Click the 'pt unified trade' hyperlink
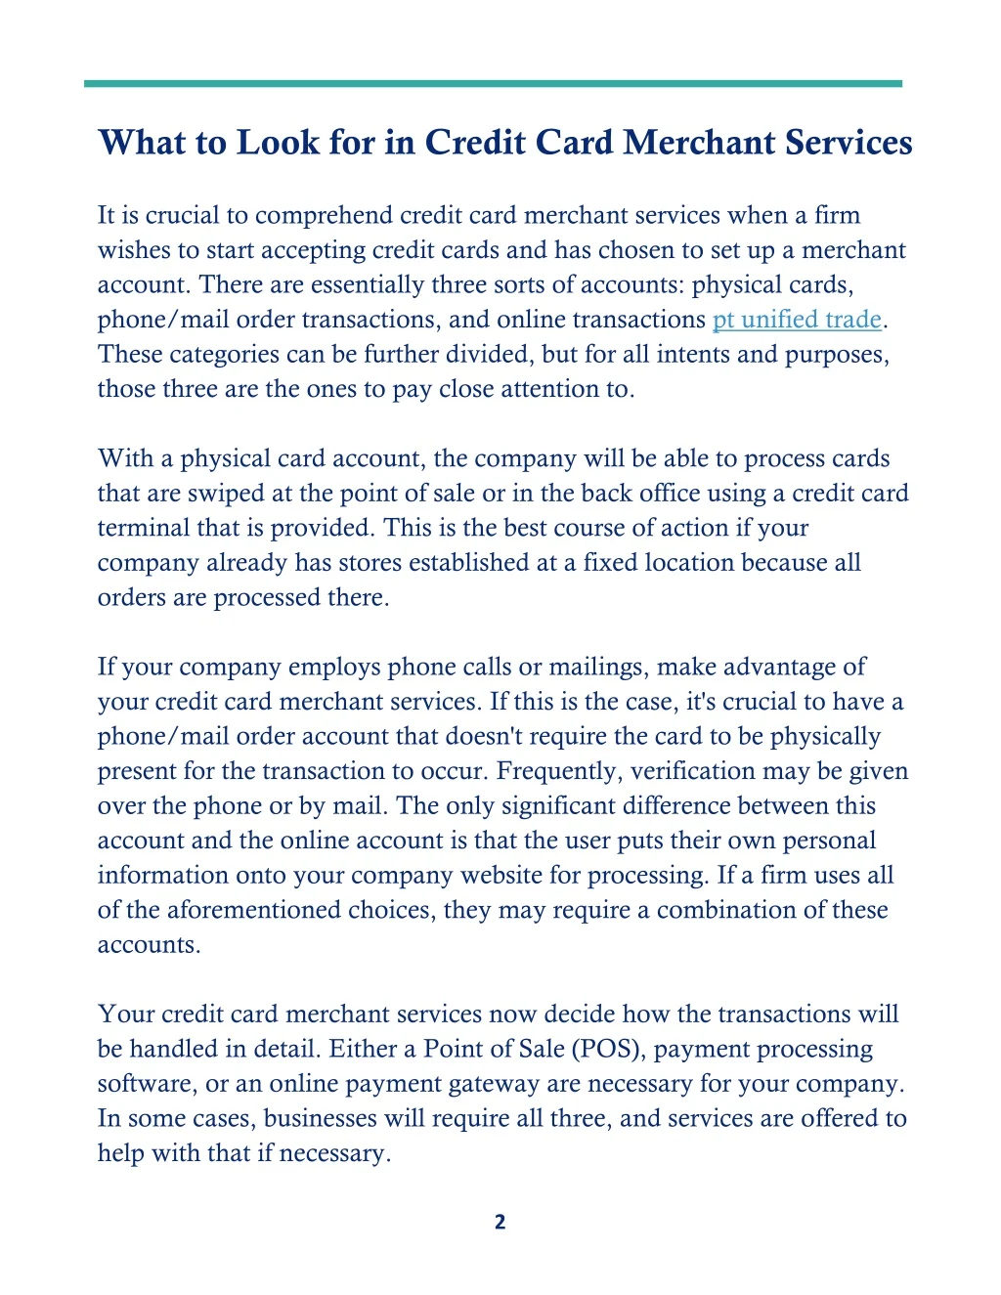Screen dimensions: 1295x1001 (x=797, y=320)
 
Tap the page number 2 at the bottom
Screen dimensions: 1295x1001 (x=500, y=1222)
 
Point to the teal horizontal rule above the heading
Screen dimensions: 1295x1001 (x=493, y=84)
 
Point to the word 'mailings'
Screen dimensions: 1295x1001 (x=597, y=668)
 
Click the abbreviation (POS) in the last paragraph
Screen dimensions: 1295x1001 (x=608, y=1049)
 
